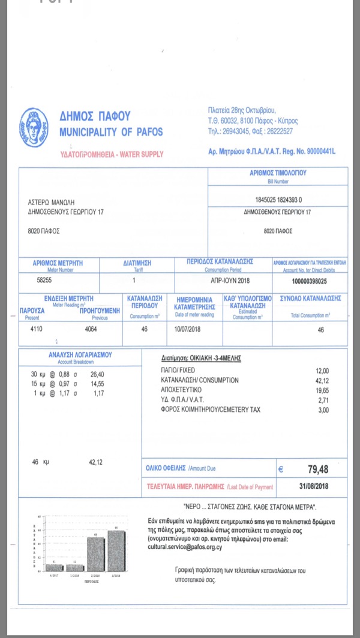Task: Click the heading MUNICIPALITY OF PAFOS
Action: click(x=111, y=131)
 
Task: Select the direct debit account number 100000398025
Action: click(x=309, y=281)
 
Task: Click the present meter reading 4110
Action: click(x=37, y=329)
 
